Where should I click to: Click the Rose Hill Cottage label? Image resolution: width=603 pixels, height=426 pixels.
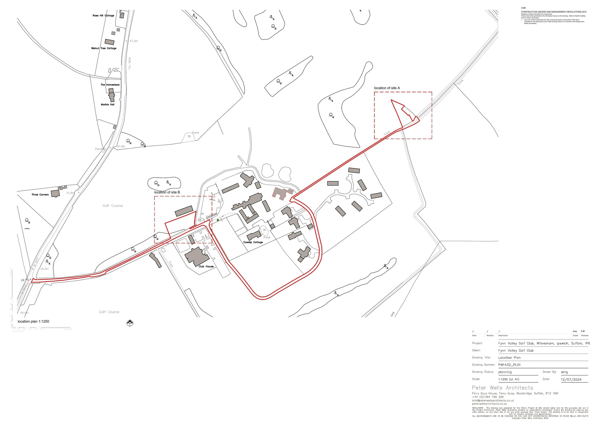103,15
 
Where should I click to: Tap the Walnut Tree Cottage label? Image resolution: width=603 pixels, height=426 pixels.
104,48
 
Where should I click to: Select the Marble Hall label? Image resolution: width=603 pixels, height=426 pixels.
108,105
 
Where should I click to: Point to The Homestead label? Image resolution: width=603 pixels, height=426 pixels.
110,85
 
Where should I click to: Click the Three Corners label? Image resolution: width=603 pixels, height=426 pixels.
40,195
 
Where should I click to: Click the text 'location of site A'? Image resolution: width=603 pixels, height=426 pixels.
387,88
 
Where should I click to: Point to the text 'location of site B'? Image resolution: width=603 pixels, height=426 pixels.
167,192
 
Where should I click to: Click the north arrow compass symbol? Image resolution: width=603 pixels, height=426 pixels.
130,323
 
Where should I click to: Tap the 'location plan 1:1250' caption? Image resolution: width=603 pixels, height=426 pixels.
33,321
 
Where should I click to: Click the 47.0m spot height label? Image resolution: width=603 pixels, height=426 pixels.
134,41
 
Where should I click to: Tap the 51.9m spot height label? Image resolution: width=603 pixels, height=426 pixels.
121,146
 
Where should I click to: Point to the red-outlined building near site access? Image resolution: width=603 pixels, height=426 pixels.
282,194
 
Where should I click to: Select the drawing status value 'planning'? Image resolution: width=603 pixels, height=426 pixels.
505,372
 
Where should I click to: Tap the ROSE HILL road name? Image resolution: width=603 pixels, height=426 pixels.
129,63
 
